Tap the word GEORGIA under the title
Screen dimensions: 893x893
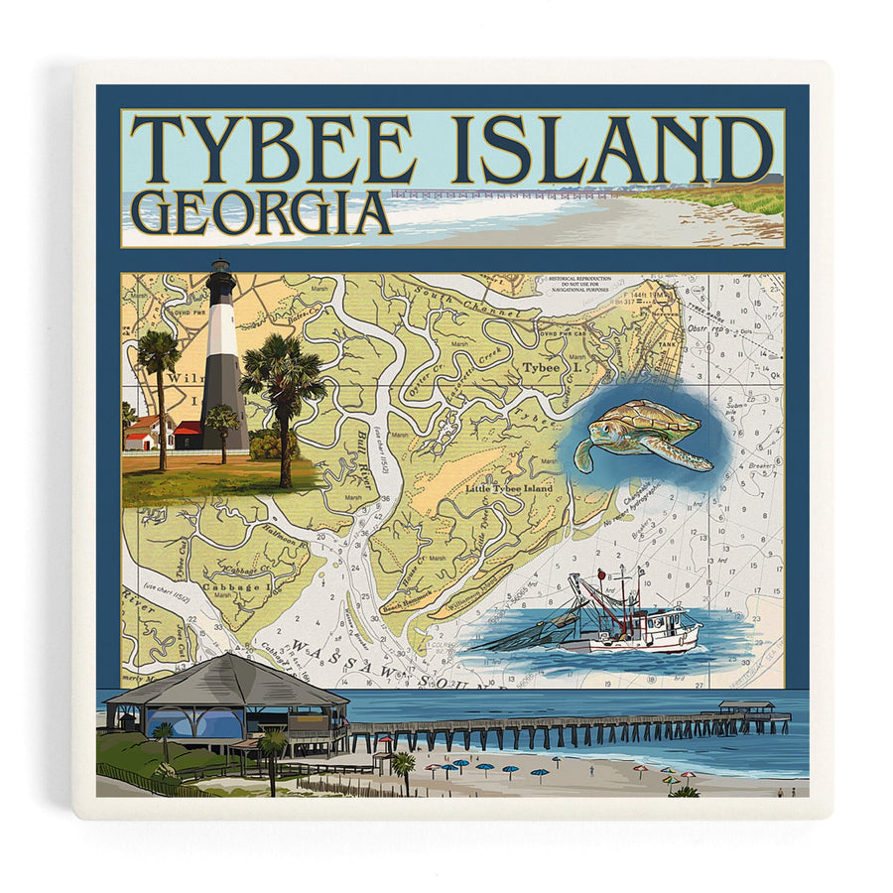point(260,213)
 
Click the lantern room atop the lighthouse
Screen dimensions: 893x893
point(220,270)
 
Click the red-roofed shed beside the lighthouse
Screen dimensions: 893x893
point(187,434)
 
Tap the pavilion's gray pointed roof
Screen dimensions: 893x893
point(228,680)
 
